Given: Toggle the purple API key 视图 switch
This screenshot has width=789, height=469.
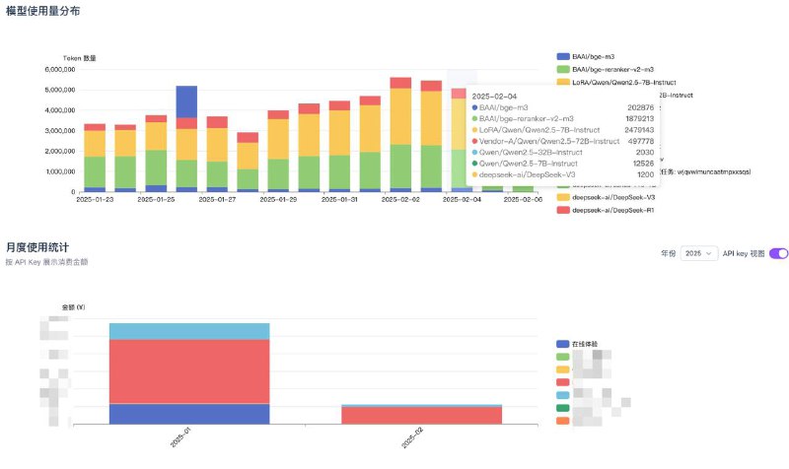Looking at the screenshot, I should [778, 253].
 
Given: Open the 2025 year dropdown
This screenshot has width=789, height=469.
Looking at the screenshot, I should [698, 253].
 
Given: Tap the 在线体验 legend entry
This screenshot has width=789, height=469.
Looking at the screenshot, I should [585, 344].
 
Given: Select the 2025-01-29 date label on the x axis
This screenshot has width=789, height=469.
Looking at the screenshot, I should [279, 199].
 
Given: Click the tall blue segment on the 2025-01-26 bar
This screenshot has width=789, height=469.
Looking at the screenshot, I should [186, 101].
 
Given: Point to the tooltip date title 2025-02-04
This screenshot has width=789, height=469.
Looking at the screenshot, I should [495, 96].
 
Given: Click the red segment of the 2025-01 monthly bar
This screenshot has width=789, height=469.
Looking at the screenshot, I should [189, 370].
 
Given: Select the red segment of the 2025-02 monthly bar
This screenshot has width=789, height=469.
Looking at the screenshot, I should [421, 415].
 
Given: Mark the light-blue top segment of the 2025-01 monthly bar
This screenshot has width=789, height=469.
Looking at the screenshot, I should [189, 331].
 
